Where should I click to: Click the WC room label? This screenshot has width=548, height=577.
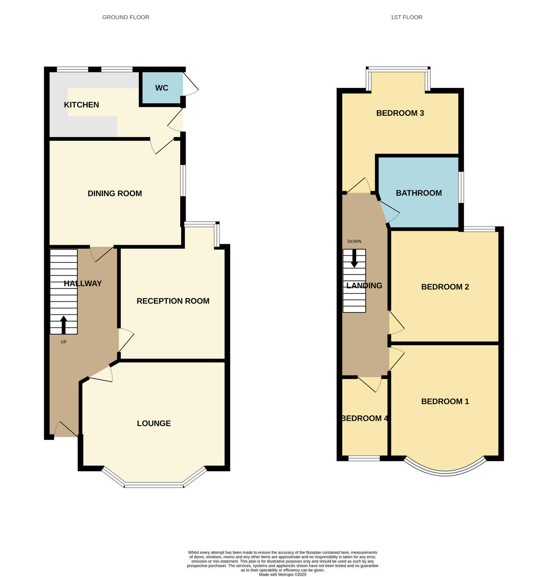[x=162, y=88]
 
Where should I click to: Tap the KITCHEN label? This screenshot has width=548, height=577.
[x=82, y=105]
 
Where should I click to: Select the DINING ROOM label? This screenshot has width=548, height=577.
[x=114, y=193]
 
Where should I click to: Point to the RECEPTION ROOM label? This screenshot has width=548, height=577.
[x=173, y=301]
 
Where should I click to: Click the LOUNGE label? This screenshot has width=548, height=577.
[x=154, y=424]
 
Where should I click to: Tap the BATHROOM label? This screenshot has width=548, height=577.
[x=419, y=193]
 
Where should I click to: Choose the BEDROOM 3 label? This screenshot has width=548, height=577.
[x=400, y=113]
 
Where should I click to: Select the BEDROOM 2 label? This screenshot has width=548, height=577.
[x=445, y=287]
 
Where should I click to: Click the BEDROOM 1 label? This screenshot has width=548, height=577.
[x=445, y=401]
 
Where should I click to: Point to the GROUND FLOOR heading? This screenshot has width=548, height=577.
[x=126, y=17]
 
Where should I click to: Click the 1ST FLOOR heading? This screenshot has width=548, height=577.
[x=407, y=17]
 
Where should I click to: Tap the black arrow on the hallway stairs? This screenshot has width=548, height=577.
[x=63, y=325]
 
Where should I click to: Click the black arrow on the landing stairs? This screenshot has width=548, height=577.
[x=354, y=258]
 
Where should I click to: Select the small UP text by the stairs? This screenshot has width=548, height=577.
[x=63, y=342]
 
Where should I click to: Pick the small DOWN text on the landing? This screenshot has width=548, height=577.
[x=354, y=241]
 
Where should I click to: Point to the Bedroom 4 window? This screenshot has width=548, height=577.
[x=364, y=458]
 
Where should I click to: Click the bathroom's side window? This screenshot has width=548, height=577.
[x=461, y=187]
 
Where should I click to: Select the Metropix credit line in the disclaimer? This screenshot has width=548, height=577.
[x=283, y=574]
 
